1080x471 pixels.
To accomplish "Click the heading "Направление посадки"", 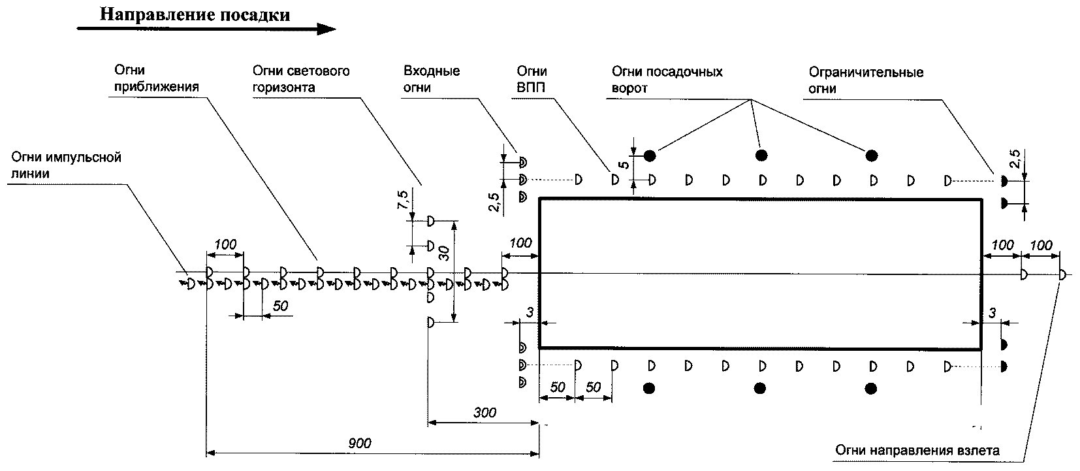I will (x=195, y=14).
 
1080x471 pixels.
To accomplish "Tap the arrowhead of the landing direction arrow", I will (x=326, y=29).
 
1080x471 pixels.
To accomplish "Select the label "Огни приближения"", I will (x=137, y=78).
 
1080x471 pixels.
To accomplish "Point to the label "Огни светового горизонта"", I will (x=301, y=78).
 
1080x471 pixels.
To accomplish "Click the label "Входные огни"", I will (x=432, y=78).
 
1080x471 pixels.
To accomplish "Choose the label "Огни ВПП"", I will (x=532, y=78).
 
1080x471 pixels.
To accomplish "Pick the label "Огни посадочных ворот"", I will (x=667, y=79).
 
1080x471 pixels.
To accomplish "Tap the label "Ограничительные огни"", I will (x=866, y=80).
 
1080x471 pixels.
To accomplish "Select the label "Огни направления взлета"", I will (x=917, y=451).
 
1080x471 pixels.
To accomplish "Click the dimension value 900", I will (x=359, y=444).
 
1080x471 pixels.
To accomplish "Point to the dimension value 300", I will (x=484, y=413).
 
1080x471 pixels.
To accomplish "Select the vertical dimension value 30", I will (x=444, y=253).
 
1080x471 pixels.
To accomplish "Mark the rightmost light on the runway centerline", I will (x=1062, y=275).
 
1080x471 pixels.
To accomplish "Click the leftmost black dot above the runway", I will (x=649, y=155).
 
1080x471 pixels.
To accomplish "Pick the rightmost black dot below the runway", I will (x=870, y=389).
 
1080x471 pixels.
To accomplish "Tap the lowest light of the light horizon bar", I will (x=431, y=321).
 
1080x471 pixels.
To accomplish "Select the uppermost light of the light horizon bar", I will (x=431, y=220).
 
